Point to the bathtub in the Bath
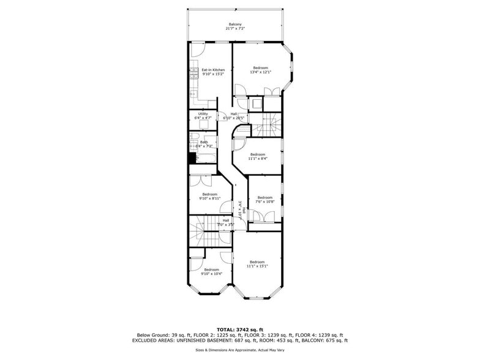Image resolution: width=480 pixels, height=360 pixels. (x=203, y=160)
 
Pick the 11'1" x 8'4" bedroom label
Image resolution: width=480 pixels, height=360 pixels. (x=257, y=156)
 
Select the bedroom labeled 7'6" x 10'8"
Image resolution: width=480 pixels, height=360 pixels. (x=264, y=199)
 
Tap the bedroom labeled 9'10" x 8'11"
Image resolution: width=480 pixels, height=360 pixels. (x=209, y=197)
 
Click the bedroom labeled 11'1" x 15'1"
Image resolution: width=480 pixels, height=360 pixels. (x=257, y=264)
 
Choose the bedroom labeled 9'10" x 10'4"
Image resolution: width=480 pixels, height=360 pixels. (x=211, y=272)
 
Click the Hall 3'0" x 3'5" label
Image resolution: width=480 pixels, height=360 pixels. (x=225, y=222)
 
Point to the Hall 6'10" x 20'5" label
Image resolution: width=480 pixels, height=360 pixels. (x=238, y=116)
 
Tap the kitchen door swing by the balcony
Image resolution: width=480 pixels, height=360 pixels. (x=197, y=49)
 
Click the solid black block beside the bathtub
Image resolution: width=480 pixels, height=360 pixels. (x=192, y=158)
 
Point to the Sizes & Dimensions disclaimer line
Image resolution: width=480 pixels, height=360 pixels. (x=239, y=350)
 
